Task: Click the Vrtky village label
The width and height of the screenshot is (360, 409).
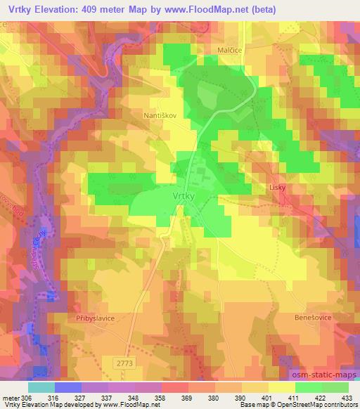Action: coord(183,197)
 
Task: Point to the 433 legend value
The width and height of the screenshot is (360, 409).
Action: coord(347,396)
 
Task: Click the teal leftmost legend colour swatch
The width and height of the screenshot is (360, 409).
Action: coord(41,387)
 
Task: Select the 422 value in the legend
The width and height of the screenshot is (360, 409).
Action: coord(322,396)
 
